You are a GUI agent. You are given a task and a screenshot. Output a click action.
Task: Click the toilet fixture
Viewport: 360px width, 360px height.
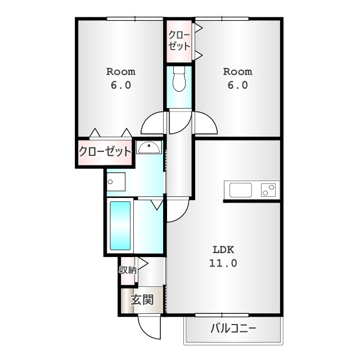point(179,79)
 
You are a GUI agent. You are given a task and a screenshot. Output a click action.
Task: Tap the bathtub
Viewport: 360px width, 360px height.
point(120,226)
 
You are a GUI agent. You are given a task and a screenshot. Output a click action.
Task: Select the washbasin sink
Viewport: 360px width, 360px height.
point(148,147)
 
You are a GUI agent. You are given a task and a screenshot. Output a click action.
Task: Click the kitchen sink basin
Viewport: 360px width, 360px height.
point(241,190)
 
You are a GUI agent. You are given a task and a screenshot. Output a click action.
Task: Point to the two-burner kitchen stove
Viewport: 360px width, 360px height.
point(268,190)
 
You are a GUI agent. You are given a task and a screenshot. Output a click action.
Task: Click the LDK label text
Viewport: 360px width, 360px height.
point(223,250)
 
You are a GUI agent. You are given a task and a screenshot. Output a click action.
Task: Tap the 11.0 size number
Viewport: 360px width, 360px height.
point(223,263)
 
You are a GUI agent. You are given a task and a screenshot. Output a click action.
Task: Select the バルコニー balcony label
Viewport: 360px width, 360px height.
point(233,328)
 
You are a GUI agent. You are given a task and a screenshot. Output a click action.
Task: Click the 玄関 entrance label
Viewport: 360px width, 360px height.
point(142,300)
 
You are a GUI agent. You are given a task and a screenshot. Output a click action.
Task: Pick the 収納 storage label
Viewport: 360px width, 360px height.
point(128,270)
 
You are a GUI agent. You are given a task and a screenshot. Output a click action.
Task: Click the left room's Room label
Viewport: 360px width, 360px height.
point(121,72)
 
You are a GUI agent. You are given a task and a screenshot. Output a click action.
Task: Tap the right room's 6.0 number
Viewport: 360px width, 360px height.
point(237,85)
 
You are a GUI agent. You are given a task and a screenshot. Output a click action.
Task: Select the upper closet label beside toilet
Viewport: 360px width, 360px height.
point(179,40)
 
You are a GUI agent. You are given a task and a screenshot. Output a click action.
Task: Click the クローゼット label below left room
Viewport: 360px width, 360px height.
point(105,151)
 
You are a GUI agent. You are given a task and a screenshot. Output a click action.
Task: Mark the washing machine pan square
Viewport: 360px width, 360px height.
point(116,182)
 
